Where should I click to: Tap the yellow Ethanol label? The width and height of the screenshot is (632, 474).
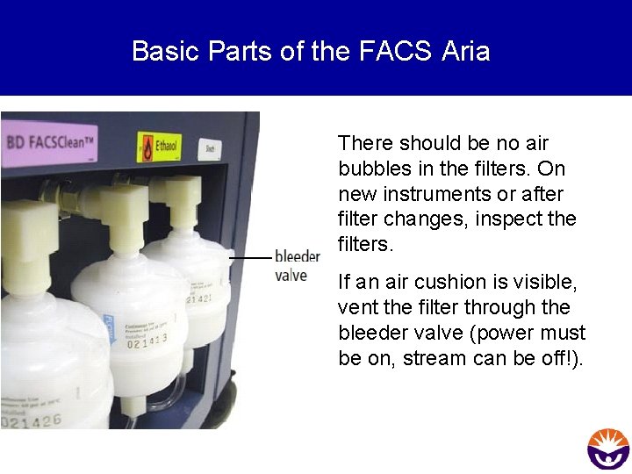coord(158,147)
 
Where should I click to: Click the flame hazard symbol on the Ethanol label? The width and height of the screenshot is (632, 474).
coord(147,147)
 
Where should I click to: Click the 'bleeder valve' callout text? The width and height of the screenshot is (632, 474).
coord(297,265)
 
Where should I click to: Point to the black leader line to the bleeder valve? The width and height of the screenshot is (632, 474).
coord(250,258)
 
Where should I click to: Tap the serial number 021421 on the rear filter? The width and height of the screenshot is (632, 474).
coord(198,300)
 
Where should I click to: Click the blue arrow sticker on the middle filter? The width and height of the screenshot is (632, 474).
coord(108,327)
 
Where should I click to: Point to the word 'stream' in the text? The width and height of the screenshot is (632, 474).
coord(434,358)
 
